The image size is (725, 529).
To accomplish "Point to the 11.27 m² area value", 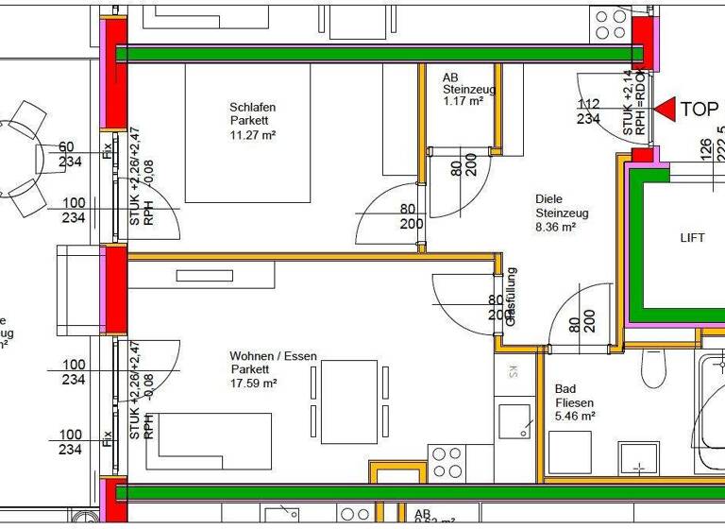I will tap(252, 135).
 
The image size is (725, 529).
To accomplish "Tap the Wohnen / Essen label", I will tap(274, 356).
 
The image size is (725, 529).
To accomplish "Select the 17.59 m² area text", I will tap(253, 384).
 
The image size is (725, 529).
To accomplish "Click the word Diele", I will tap(548, 199).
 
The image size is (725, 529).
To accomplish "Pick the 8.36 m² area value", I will tap(555, 227).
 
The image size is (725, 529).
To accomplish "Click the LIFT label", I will tap(692, 239).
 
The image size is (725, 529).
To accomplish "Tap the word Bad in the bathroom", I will tap(565, 388).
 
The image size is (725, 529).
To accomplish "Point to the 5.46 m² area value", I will tap(575, 416).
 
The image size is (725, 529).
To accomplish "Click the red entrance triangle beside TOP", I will tap(665, 110).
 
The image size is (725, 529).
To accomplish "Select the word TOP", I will tap(700, 110).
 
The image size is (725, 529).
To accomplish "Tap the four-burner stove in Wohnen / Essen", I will tap(447, 463).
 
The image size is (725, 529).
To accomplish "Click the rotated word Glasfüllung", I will tap(511, 297).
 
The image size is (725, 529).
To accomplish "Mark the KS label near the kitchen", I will tap(513, 370).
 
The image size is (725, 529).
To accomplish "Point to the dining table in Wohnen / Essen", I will tap(348, 402).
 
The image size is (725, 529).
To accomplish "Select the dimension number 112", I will tap(588, 105).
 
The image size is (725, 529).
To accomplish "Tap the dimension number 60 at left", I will tap(66, 146).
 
